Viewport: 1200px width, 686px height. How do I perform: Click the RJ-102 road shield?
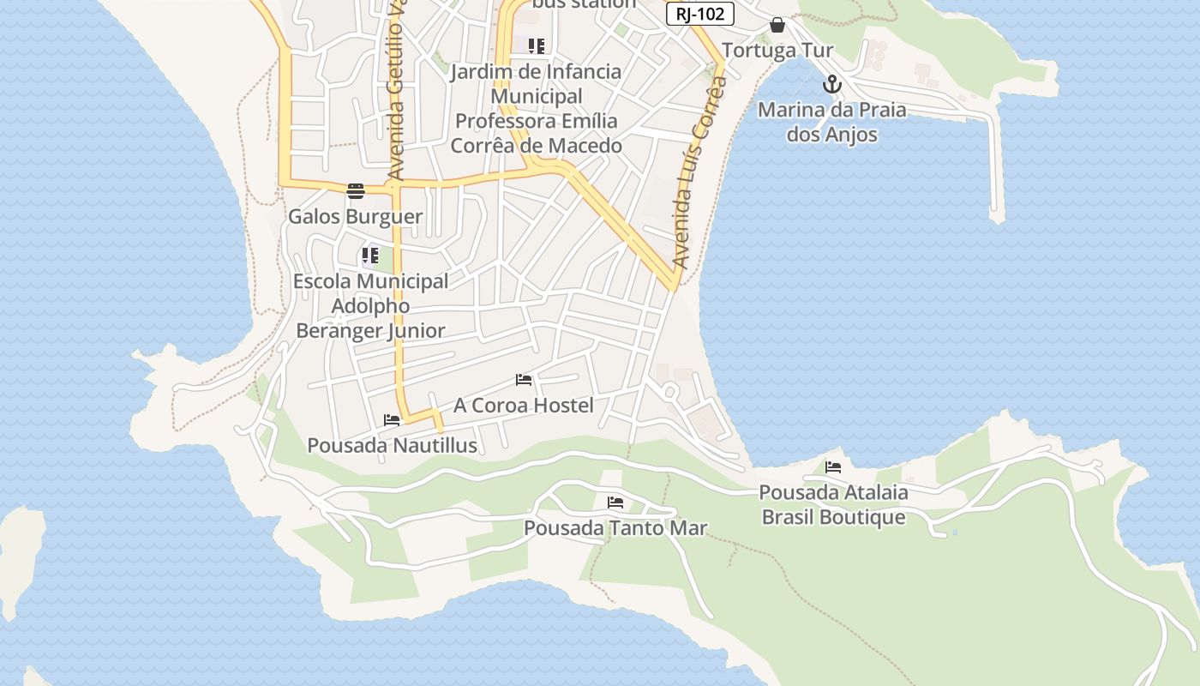(x=699, y=14)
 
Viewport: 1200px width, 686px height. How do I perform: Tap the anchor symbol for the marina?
(x=831, y=85)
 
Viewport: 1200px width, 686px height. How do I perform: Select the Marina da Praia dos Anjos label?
(x=831, y=122)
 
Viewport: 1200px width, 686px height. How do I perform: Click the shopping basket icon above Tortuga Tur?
(x=777, y=25)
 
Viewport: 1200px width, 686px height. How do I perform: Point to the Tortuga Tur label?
(x=777, y=51)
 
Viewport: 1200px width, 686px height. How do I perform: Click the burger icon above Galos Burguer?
(x=356, y=190)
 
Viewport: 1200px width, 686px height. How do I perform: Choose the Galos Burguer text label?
(x=355, y=216)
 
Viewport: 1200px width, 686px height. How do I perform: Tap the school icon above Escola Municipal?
(x=370, y=256)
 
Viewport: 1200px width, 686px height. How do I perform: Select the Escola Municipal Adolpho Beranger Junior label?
(x=370, y=305)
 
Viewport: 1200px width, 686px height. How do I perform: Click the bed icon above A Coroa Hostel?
(x=524, y=379)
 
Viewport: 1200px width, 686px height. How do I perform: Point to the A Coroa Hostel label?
(x=523, y=405)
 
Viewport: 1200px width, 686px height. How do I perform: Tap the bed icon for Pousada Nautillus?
(x=392, y=420)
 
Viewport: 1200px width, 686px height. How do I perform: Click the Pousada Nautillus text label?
(x=392, y=446)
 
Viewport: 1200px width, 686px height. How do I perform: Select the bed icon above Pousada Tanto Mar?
(x=615, y=502)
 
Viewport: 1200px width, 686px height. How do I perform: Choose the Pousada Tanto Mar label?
(x=615, y=528)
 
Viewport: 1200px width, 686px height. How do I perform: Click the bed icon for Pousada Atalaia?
(x=832, y=467)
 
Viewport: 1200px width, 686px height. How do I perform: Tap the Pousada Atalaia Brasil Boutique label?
(x=833, y=505)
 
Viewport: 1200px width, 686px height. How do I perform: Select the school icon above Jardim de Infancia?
(x=537, y=46)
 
